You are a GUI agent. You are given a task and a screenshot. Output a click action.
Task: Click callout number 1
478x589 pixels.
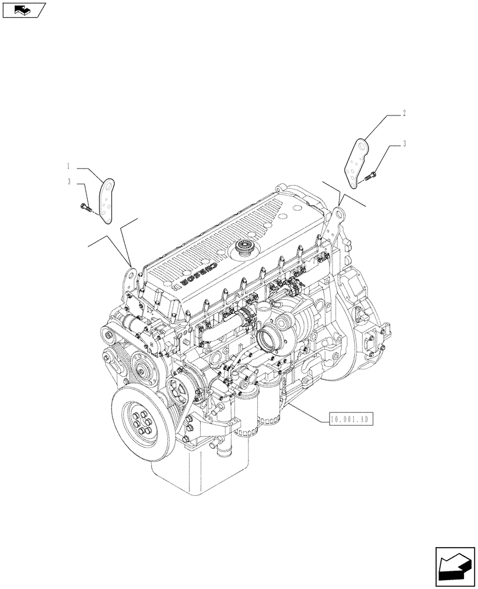(x=69, y=168)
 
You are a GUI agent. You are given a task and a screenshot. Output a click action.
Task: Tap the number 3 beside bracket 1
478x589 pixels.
(x=69, y=182)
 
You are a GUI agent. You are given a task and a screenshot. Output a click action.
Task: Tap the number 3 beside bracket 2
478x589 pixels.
(x=404, y=143)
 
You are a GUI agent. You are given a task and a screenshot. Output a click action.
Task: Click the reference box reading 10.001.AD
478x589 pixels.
(x=348, y=419)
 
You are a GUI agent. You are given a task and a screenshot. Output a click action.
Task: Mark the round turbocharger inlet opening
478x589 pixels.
(x=270, y=341)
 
